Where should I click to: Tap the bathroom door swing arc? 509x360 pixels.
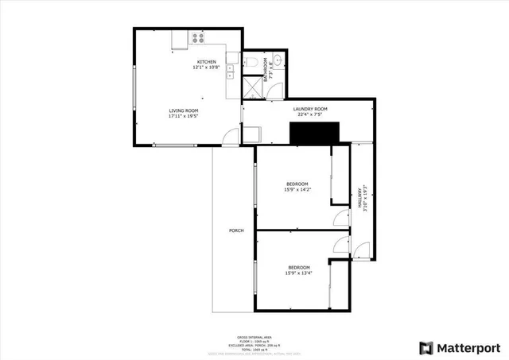274,88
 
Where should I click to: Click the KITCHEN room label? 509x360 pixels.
207,62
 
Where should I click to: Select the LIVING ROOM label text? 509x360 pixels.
183,110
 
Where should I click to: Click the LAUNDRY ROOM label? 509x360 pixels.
310,109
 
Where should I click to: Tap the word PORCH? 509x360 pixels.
235,230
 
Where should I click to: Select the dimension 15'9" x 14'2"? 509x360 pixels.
297,190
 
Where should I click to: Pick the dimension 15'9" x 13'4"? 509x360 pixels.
299,272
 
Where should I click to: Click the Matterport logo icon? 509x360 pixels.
426,348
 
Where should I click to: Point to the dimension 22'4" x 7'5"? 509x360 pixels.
310,114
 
